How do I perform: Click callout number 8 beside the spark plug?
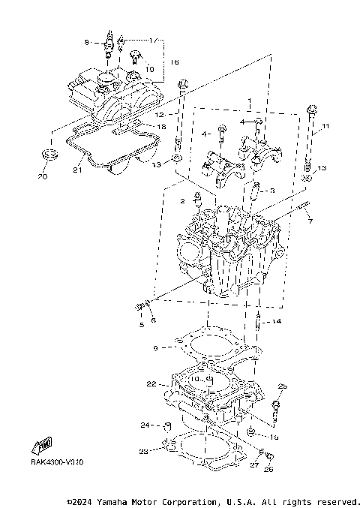(x=86, y=42)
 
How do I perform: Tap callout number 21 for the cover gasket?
(x=76, y=170)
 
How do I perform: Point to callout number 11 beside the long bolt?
(x=325, y=125)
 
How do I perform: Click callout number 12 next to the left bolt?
(x=159, y=114)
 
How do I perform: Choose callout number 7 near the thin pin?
(x=309, y=222)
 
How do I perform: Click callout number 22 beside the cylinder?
(x=151, y=384)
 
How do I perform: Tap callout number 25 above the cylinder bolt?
(x=282, y=386)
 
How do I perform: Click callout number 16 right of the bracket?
(x=174, y=63)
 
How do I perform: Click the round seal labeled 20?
(x=49, y=155)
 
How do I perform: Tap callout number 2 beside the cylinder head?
(x=182, y=202)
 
